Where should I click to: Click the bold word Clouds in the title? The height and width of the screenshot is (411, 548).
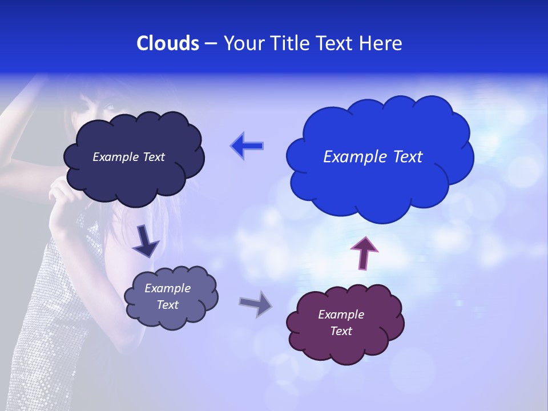168,43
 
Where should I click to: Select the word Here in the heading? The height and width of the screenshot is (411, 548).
381,43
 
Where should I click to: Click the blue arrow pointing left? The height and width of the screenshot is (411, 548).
247,146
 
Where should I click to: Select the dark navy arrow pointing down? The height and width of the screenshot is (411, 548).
145,241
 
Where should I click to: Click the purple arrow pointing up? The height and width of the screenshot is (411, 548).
364,252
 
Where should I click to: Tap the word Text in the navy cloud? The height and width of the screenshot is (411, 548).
153,157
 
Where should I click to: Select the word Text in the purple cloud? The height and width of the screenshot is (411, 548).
341,331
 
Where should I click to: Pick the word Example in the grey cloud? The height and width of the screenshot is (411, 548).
167,288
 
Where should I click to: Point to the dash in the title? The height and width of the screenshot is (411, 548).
210,44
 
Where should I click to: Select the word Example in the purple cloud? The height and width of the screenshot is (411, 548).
341,315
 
